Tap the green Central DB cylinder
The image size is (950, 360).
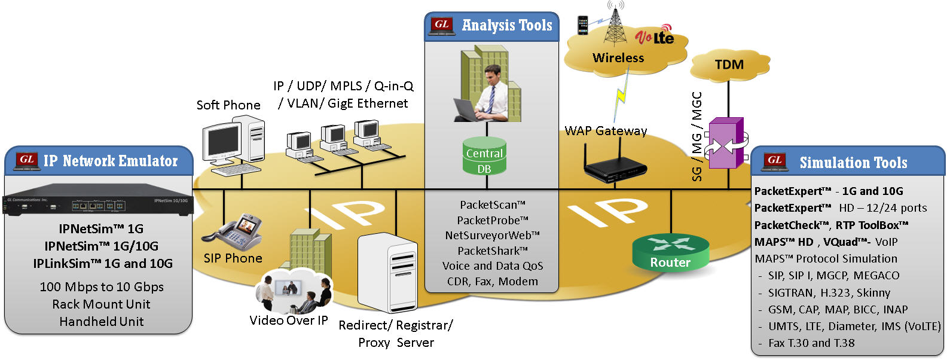pos(484,157)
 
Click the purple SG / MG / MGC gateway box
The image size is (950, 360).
pos(726,144)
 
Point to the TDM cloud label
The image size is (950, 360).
pos(729,65)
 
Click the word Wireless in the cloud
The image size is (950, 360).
pos(618,58)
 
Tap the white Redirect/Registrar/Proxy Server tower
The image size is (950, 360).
pos(387,273)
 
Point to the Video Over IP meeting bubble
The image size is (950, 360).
pos(293,291)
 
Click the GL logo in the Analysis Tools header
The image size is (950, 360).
pos(442,25)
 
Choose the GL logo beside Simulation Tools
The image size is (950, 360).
pos(775,161)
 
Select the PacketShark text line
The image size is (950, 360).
pos(493,251)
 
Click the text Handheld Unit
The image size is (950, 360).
pos(102,322)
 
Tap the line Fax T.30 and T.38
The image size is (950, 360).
pos(811,343)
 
